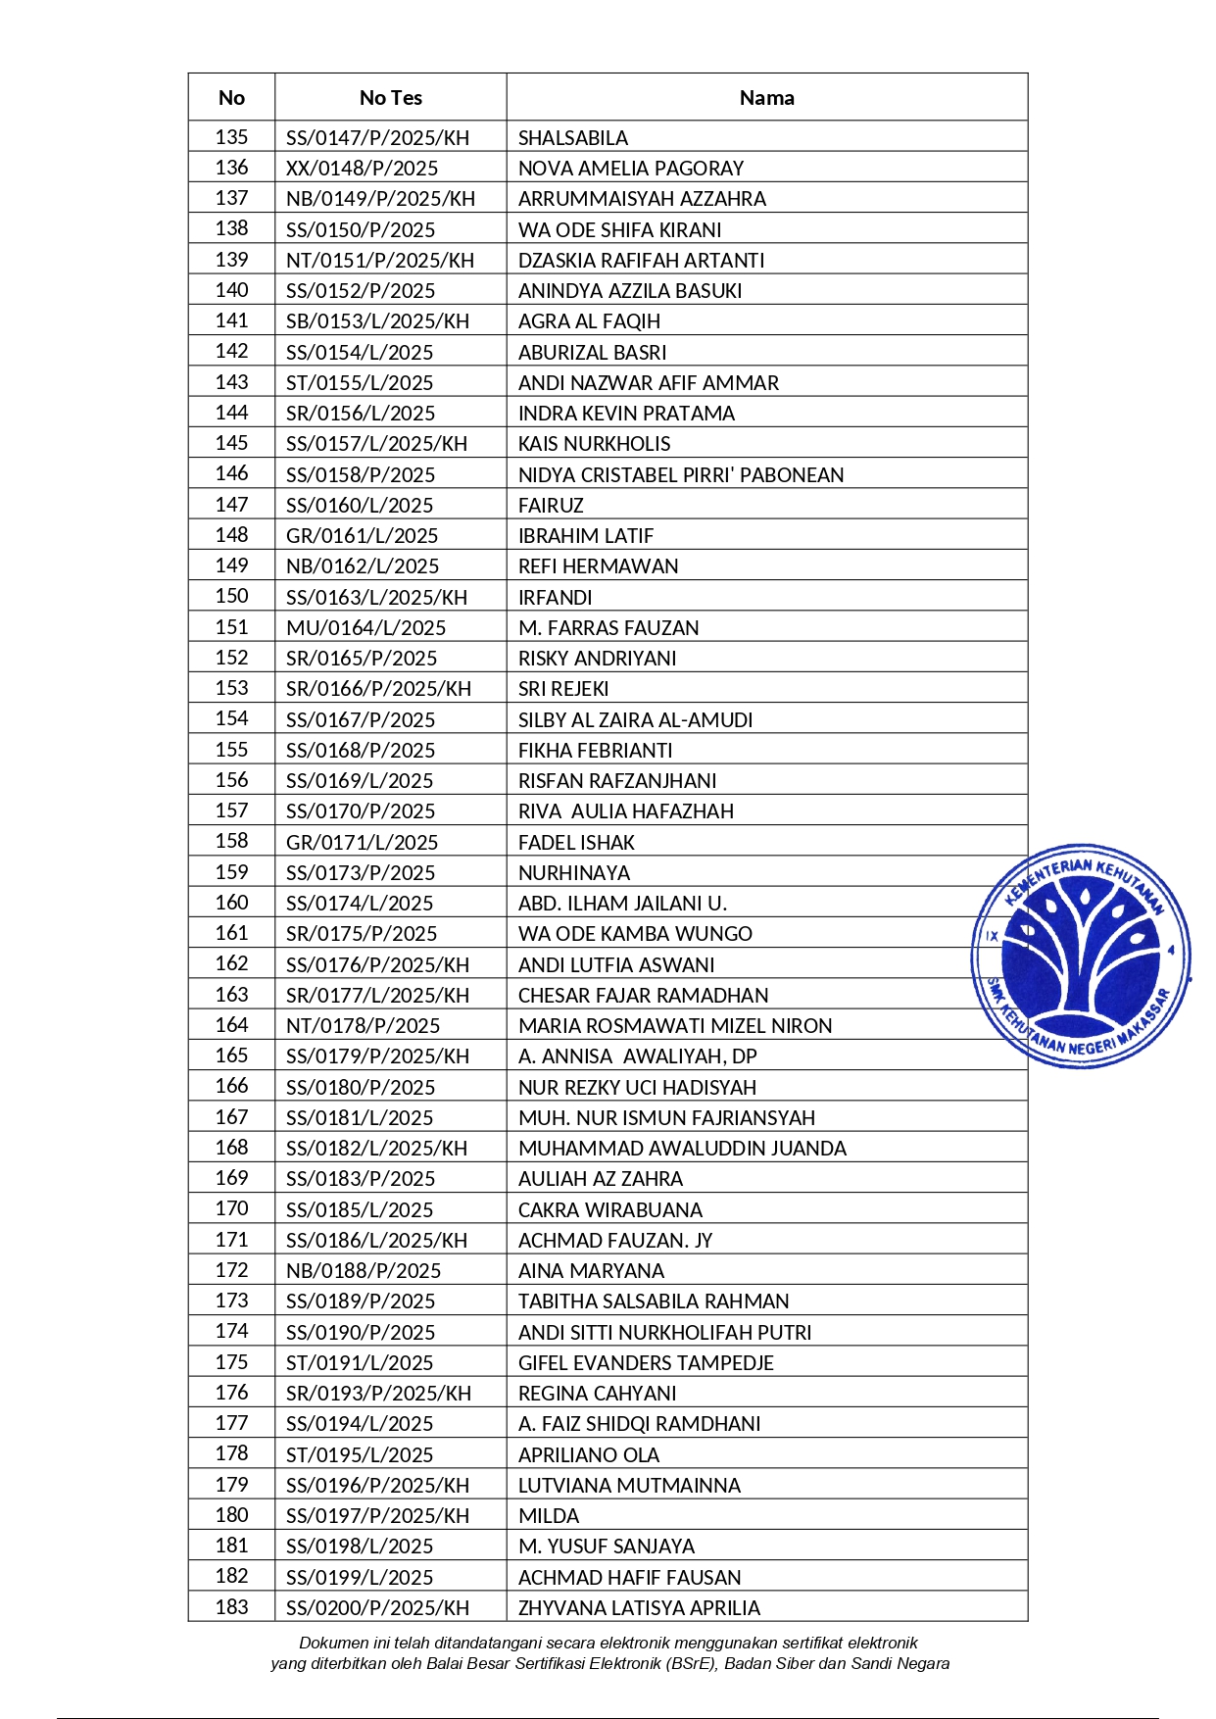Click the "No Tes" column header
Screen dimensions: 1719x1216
pos(390,98)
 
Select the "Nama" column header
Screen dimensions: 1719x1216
pos(766,98)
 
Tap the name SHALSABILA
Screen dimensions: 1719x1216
pos(573,138)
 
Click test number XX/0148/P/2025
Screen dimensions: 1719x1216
pos(362,169)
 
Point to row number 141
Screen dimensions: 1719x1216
pos(231,320)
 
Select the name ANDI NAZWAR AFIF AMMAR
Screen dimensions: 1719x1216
pos(648,383)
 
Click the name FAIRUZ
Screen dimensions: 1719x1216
pos(551,506)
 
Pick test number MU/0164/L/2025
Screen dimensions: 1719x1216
pos(365,628)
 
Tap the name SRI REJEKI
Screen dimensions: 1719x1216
pos(563,689)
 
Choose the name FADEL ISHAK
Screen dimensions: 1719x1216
pos(576,843)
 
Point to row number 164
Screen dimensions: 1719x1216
pos(231,1025)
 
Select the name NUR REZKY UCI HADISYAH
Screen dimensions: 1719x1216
pos(637,1088)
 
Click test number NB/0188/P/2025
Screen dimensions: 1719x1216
pos(364,1271)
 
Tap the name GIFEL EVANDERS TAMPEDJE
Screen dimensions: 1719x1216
pos(646,1363)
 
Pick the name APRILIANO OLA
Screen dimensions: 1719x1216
pos(588,1455)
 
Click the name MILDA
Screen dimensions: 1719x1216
pos(549,1516)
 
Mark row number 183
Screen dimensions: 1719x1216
pos(231,1607)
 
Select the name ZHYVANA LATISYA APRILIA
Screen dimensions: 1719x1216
pos(639,1608)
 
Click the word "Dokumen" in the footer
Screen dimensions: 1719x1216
pos(334,1643)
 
